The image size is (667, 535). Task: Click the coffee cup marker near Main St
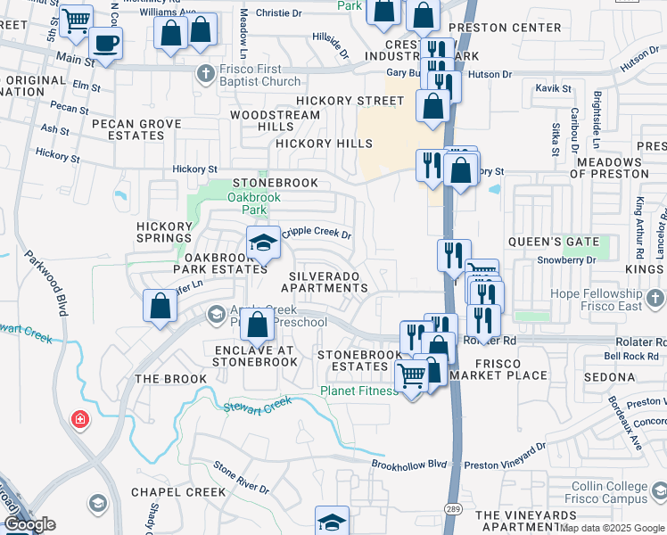coord(107,44)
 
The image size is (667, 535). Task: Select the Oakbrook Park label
coord(247,203)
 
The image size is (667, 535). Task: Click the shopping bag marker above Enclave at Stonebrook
coord(257,325)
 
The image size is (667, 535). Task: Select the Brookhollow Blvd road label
coord(408,464)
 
